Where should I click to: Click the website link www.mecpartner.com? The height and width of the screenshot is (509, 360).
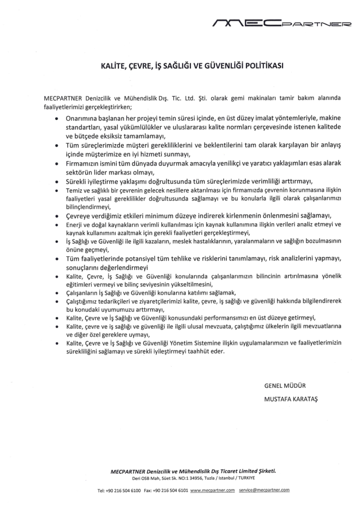[212, 490]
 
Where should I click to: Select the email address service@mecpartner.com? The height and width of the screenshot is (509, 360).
[264, 490]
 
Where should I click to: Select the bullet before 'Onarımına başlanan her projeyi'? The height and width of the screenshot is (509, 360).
[57, 120]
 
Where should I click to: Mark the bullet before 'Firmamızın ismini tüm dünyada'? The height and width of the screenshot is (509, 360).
[57, 163]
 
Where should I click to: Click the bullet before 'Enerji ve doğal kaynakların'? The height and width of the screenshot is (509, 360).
[57, 225]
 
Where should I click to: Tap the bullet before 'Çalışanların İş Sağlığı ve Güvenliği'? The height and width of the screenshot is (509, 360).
[57, 294]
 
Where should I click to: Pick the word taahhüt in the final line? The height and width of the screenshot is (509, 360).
[190, 351]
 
